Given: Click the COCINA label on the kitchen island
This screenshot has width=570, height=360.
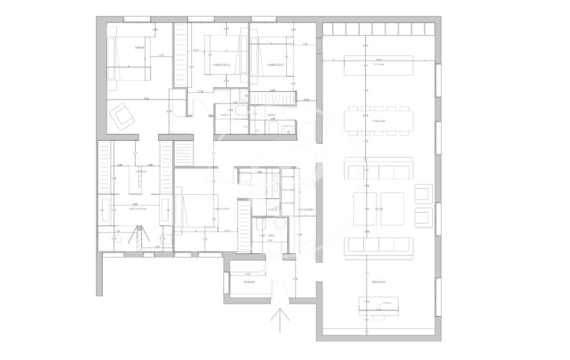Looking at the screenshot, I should click(378, 65).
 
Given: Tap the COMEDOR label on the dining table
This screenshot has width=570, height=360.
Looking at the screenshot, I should click(378, 121).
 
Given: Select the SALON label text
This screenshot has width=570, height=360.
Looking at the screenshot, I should click(378, 209).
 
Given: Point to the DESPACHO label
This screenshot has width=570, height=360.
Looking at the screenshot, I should click(378, 281).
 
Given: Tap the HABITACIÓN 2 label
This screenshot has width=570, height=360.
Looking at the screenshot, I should click(222, 65).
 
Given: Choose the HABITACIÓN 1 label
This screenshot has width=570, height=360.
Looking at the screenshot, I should click(276, 65).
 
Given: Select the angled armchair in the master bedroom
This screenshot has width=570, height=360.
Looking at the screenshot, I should click(122, 116).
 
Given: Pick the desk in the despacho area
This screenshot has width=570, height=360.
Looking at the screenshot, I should click(378, 305).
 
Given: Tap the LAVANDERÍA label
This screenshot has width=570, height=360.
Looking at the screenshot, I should click(306, 210).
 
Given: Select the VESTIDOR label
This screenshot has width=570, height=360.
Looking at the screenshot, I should click(141, 172).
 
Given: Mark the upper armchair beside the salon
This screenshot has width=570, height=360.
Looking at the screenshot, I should click(424, 194).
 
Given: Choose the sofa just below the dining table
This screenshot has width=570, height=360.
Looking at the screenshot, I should click(378, 172).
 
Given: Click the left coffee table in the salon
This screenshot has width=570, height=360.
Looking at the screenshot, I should click(365, 209).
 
